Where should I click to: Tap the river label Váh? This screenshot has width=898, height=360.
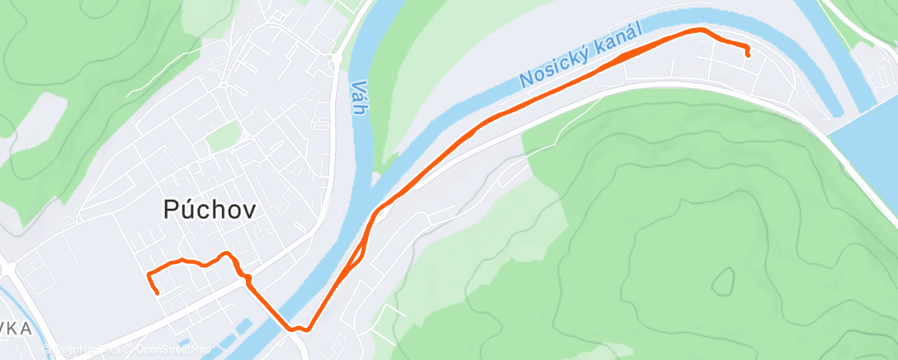pyautogui.click(x=357, y=97)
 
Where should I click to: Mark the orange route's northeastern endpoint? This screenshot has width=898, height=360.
pyautogui.click(x=748, y=54)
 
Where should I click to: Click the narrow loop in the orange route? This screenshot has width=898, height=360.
pyautogui.click(x=360, y=251)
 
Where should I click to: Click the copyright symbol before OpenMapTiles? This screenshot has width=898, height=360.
pyautogui.click(x=46, y=350)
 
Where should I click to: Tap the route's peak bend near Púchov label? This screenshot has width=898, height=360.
pyautogui.click(x=224, y=253)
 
